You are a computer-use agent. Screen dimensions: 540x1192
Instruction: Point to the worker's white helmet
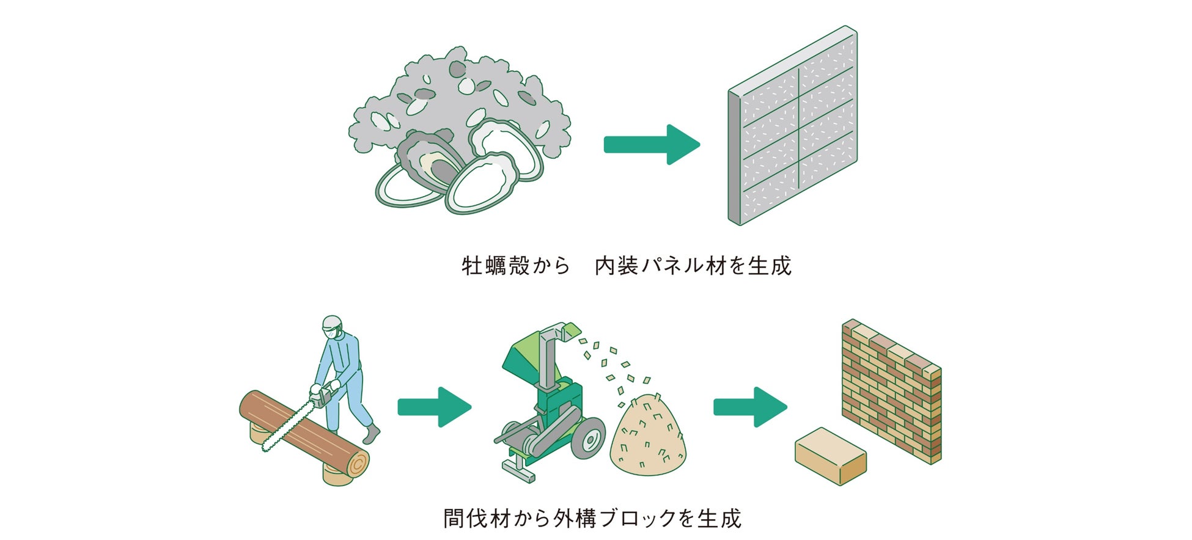[x=332, y=323]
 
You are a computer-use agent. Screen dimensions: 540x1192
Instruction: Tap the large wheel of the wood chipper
[x=588, y=438]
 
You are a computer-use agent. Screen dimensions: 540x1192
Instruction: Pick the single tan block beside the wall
[x=830, y=456]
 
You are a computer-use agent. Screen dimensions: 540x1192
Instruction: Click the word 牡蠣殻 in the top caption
[x=496, y=266]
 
